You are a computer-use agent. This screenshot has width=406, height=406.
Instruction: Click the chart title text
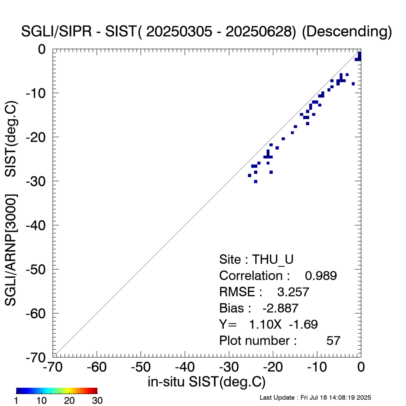(206, 32)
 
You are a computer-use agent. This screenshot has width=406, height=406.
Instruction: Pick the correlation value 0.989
(321, 276)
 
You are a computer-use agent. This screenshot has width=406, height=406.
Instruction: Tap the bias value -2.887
(281, 308)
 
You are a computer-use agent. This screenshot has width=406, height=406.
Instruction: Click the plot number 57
(333, 341)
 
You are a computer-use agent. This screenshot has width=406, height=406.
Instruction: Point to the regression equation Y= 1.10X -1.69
(268, 324)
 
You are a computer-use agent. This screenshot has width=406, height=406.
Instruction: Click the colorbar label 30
(97, 401)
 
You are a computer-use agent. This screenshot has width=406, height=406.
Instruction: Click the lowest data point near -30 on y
(255, 181)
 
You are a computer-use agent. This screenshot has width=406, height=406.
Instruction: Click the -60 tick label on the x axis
(97, 367)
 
